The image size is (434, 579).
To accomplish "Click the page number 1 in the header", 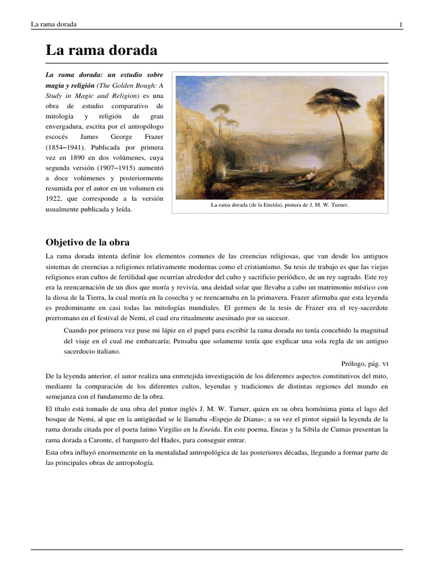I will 401,24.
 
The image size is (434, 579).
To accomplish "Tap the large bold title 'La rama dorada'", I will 101,50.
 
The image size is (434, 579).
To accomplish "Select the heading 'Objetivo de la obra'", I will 88,243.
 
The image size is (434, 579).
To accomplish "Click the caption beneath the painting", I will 279,205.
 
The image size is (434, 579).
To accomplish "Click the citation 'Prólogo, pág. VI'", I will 365,364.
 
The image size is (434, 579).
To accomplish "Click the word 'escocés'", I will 57,137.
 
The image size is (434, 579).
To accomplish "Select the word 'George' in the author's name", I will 121,137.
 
